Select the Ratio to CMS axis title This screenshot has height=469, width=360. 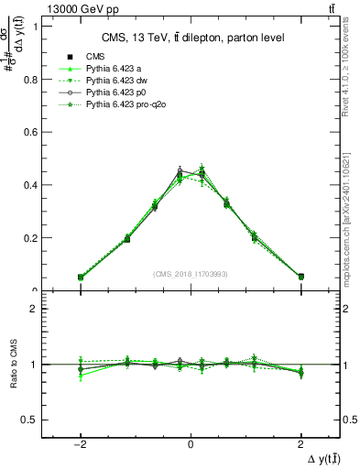pyautogui.click(x=12, y=365)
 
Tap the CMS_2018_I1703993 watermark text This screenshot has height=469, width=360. pyautogui.click(x=191, y=274)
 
